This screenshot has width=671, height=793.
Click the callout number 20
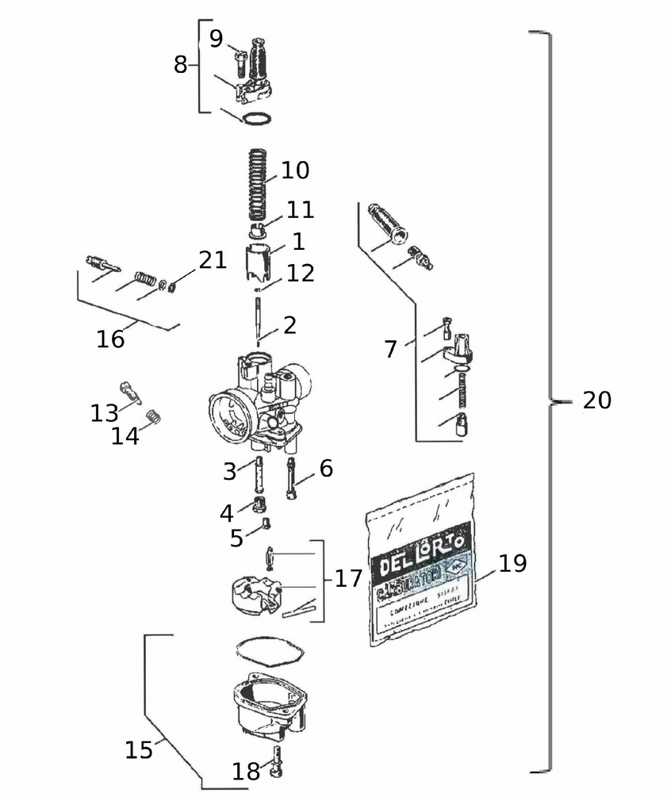[x=596, y=400]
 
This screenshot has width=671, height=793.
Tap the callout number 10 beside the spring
[x=294, y=170]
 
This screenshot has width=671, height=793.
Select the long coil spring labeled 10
[x=255, y=186]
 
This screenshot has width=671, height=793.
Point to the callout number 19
[x=512, y=564]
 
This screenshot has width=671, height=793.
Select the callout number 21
[x=213, y=260]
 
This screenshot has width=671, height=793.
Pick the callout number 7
[x=390, y=349]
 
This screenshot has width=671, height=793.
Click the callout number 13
[x=104, y=412]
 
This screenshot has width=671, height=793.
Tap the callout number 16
[x=111, y=339]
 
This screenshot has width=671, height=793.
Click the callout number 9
[x=216, y=39]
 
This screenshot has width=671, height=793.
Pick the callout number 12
[x=301, y=274]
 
